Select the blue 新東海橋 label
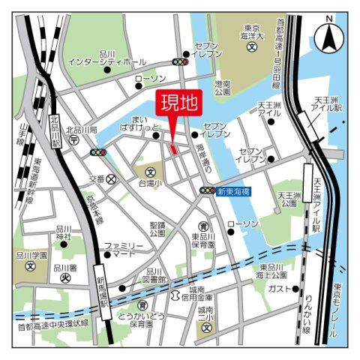(x=234, y=191)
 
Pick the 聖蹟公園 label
(x=157, y=228)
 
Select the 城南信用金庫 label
(x=196, y=292)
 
